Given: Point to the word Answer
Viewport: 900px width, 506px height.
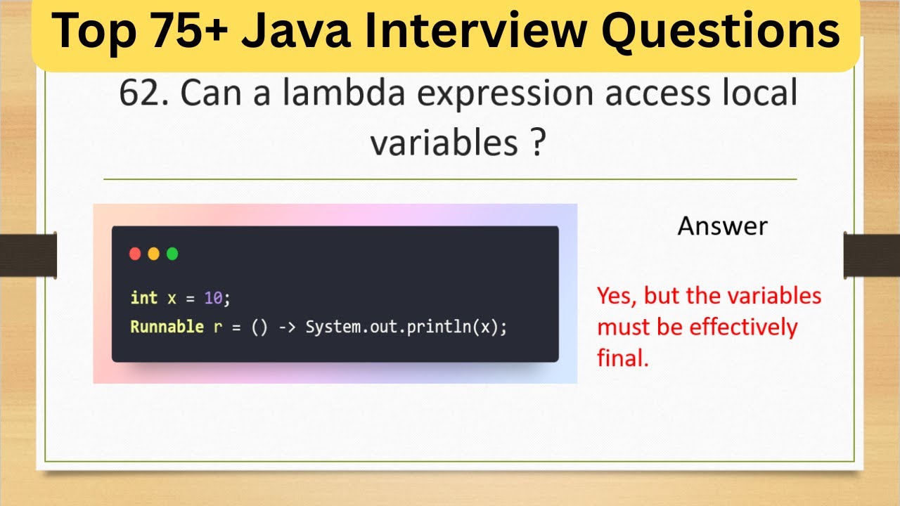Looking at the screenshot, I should click(722, 226).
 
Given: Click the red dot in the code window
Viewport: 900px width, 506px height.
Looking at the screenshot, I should click(136, 254).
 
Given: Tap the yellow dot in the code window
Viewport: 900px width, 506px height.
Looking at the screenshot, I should click(154, 254).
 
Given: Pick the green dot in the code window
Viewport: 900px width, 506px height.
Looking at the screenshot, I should click(172, 254).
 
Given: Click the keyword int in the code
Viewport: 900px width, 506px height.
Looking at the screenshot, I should click(143, 298).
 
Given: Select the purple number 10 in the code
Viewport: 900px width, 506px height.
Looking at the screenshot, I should click(213, 298).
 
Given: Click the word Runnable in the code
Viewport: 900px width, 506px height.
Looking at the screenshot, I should click(167, 327).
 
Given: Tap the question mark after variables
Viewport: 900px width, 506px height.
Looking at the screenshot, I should click(536, 143).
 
